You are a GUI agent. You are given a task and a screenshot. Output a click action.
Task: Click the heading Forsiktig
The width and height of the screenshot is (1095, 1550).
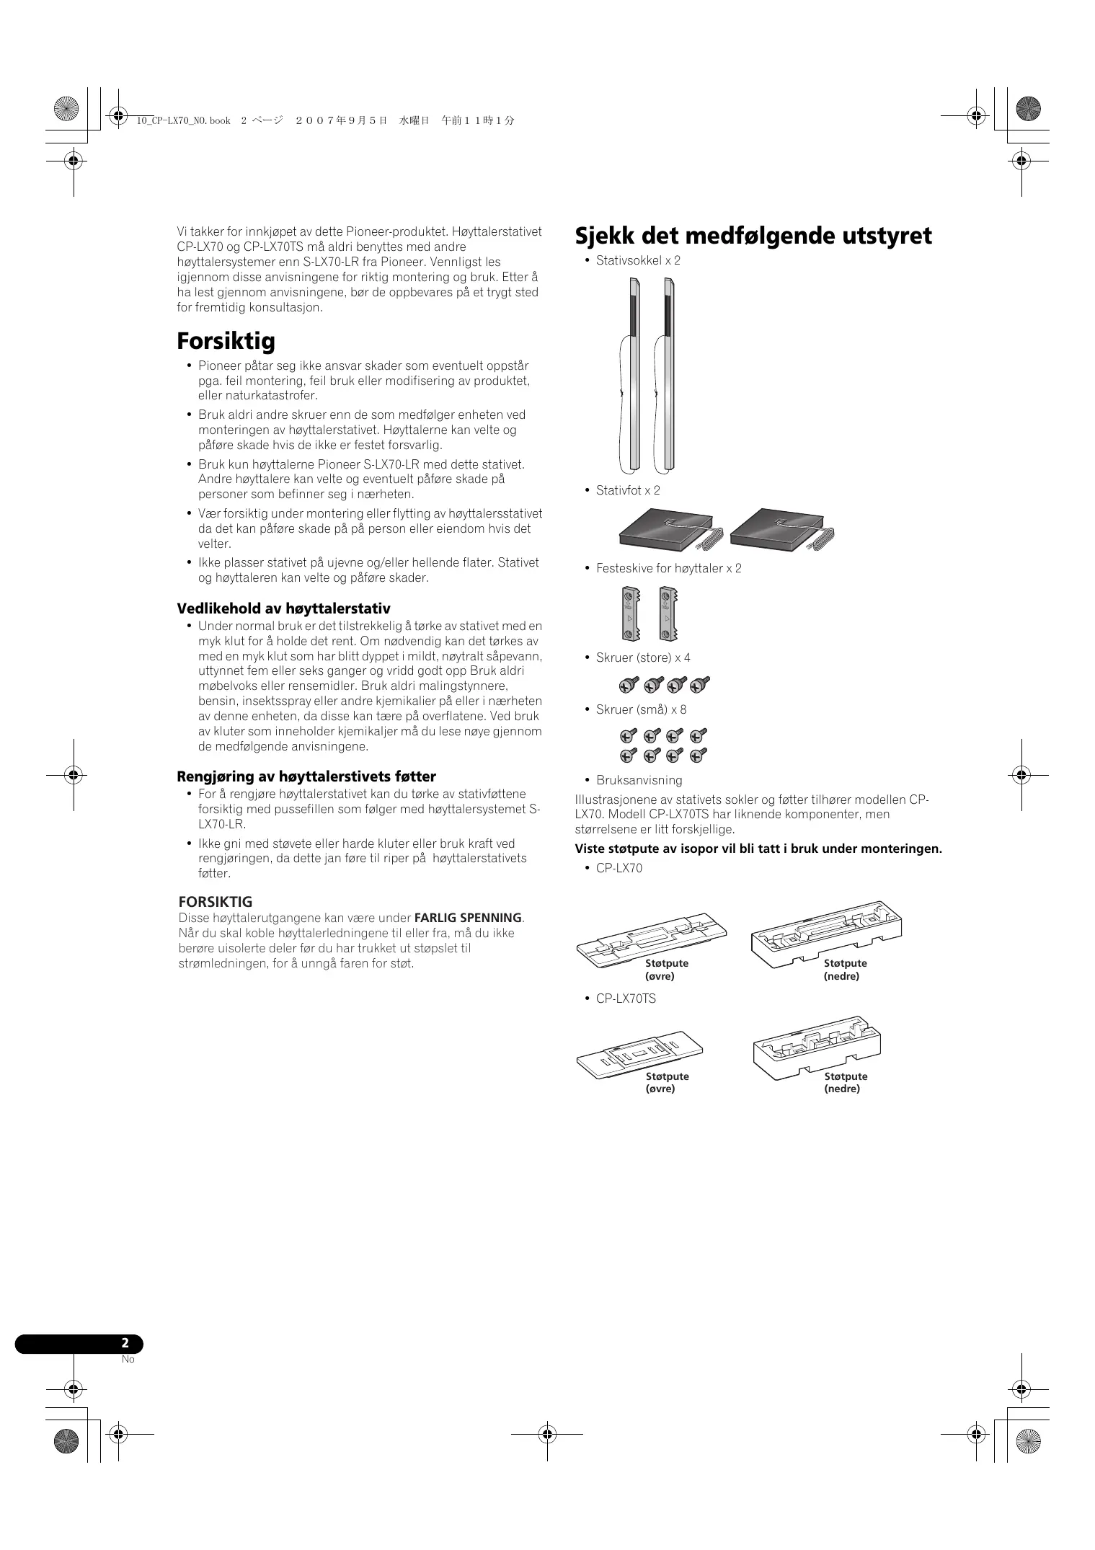(x=226, y=340)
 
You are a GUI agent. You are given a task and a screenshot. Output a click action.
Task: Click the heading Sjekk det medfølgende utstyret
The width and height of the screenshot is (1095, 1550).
(x=753, y=236)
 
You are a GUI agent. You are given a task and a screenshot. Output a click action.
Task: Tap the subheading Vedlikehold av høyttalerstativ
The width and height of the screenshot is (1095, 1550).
(x=283, y=608)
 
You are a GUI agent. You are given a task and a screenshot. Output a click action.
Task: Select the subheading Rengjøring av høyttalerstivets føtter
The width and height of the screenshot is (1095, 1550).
(x=306, y=776)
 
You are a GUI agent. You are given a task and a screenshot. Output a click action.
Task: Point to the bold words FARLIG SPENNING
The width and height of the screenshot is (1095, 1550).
(x=468, y=918)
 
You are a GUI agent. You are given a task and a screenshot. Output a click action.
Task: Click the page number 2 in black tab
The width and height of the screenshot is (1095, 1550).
(x=125, y=1343)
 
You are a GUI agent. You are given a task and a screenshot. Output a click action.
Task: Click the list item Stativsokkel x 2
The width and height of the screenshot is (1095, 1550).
(x=638, y=260)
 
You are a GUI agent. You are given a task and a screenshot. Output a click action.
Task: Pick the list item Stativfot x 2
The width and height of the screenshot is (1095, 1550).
(x=628, y=490)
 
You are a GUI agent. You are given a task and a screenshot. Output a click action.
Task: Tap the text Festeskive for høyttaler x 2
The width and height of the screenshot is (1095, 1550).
(x=668, y=568)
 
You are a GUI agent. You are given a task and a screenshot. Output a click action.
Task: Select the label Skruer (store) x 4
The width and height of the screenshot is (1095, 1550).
(x=643, y=657)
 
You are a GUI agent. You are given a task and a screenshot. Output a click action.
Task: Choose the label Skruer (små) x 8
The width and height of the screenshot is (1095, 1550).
(x=641, y=709)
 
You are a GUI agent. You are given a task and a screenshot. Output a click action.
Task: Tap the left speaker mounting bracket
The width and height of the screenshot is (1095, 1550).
(x=629, y=614)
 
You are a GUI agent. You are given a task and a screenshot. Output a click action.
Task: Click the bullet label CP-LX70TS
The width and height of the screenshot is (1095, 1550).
(x=626, y=998)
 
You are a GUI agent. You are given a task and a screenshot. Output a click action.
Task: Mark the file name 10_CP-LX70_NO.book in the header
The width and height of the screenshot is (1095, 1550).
(x=184, y=121)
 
